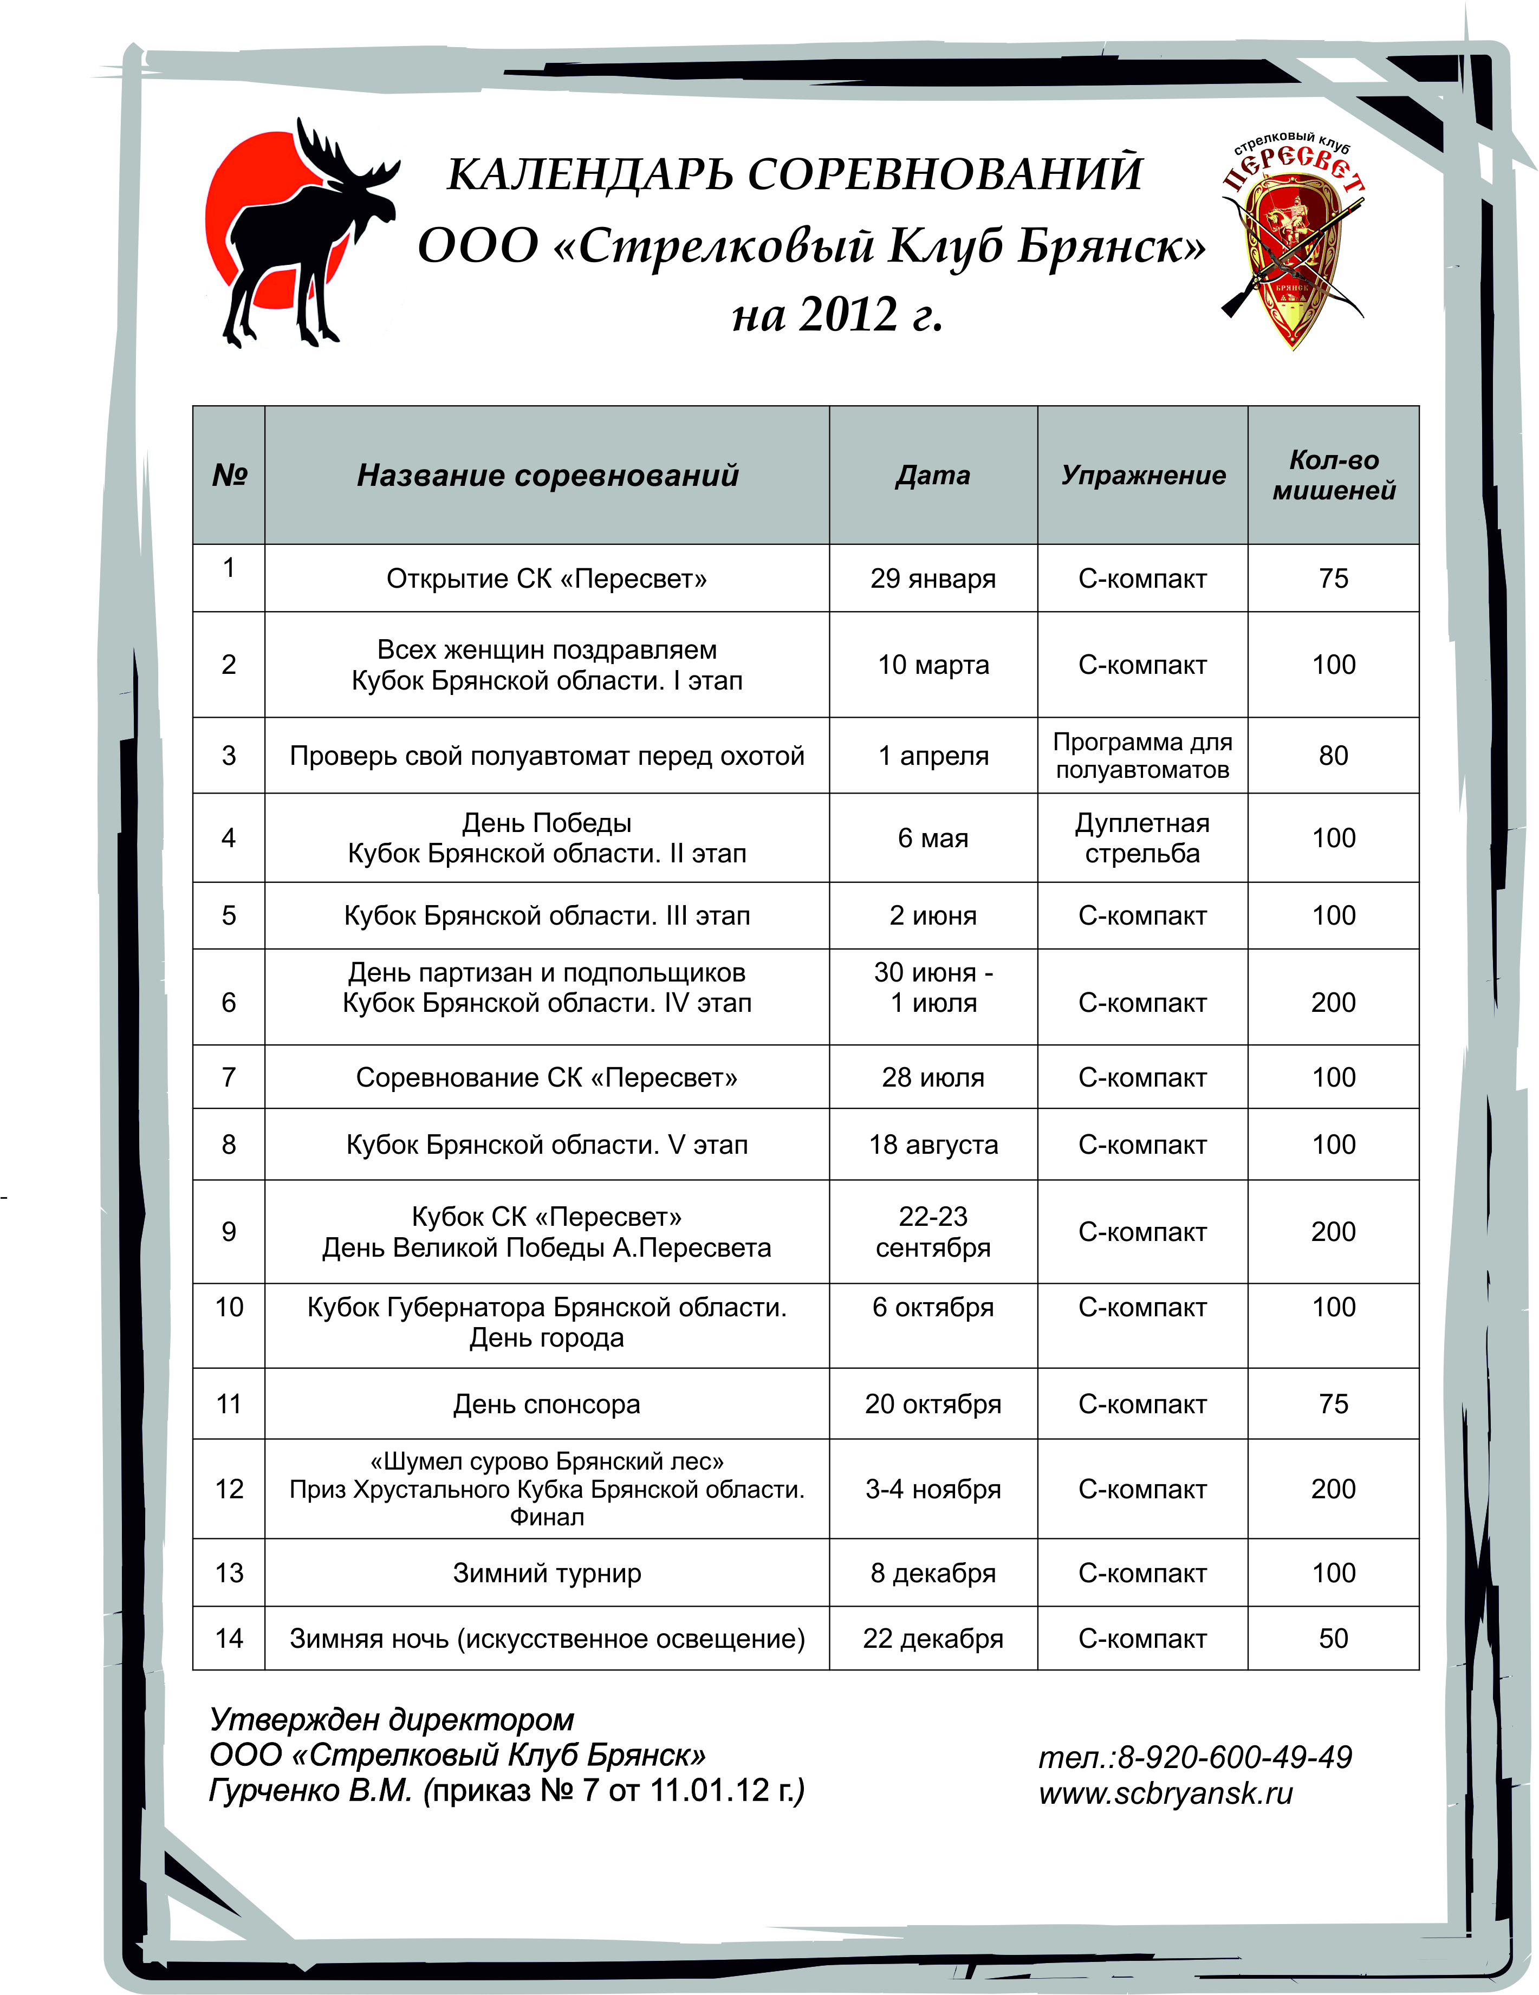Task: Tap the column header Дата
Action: [932, 475]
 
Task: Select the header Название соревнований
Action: [547, 475]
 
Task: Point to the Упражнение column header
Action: [1142, 475]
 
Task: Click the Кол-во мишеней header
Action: [1334, 475]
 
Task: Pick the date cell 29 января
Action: [932, 578]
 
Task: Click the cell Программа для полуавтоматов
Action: [1142, 756]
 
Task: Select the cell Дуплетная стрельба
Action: [1142, 837]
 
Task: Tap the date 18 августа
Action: [932, 1145]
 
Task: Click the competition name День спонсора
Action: [547, 1404]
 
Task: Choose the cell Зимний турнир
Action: [547, 1573]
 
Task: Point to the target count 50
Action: [1334, 1638]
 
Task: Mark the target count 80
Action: [1334, 756]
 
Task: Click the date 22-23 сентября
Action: [932, 1231]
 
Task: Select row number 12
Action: [229, 1489]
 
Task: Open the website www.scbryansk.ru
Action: [1166, 1793]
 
